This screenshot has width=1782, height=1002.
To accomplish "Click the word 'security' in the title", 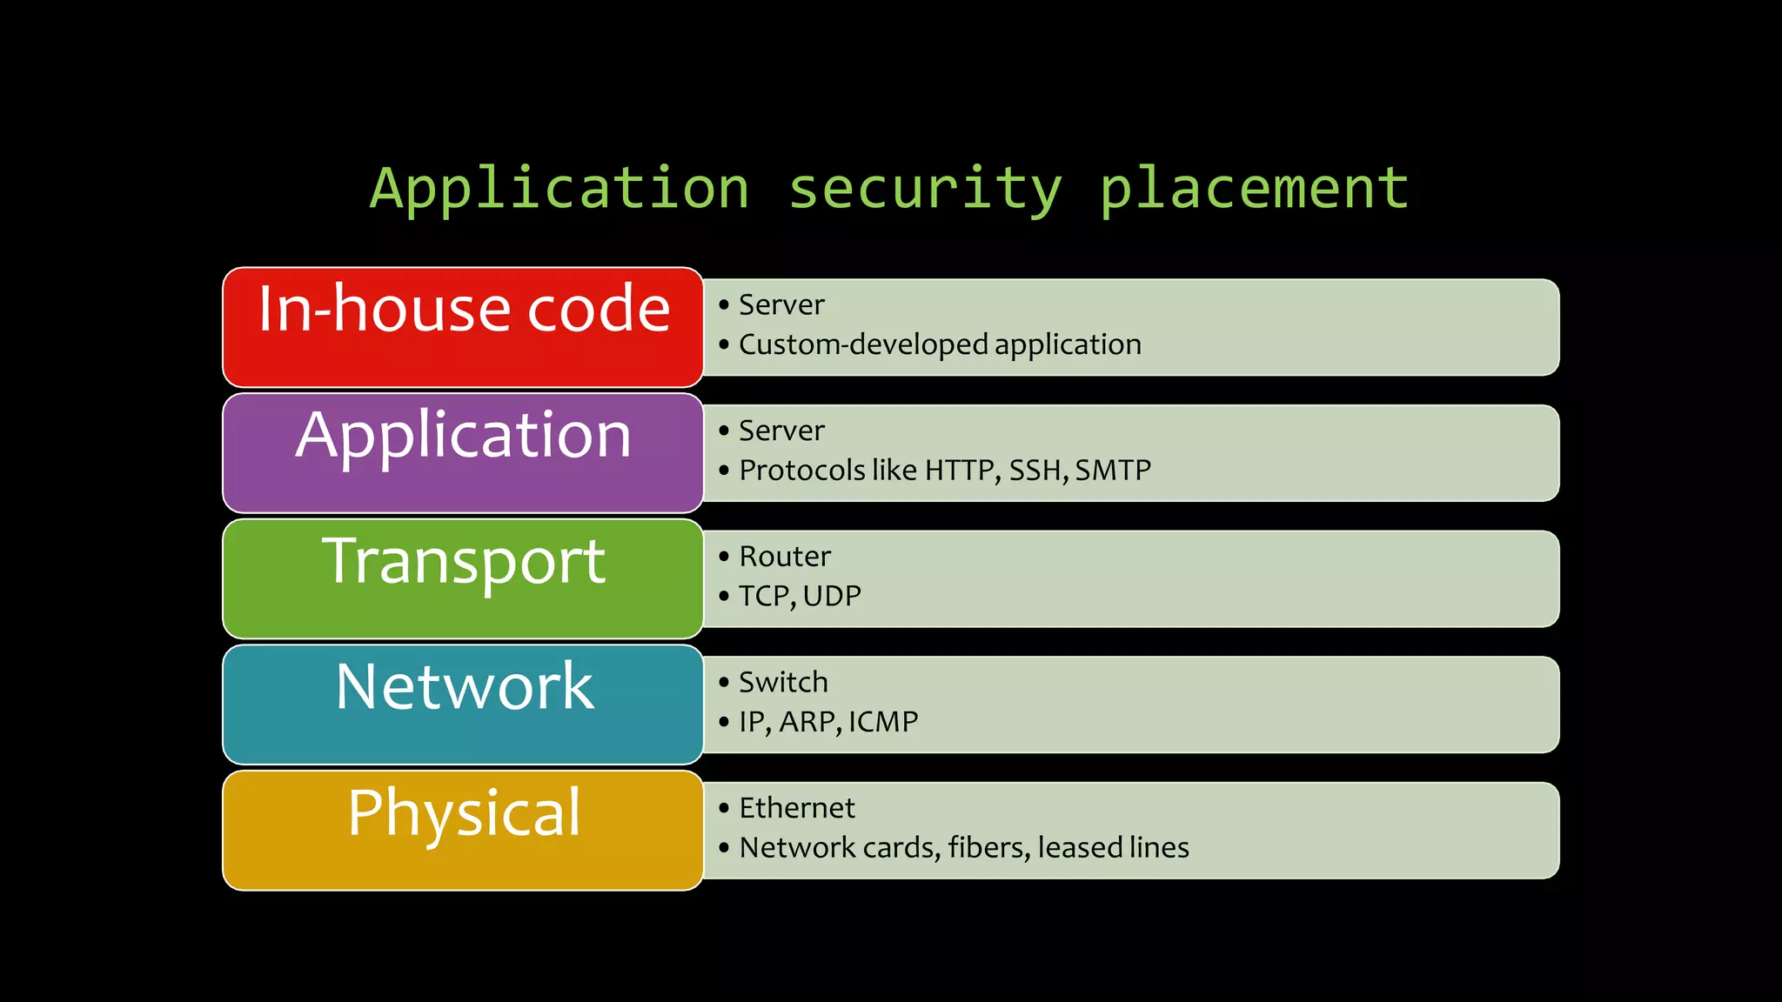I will pos(925,189).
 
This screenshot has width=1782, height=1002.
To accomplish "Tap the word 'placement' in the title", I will pos(1254,189).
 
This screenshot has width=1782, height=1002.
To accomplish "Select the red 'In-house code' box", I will pos(463,327).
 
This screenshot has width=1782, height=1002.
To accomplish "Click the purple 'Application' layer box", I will pos(463,453).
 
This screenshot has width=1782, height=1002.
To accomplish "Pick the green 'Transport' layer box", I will pos(463,578).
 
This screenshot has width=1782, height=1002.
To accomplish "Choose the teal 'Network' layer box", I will pos(463,705).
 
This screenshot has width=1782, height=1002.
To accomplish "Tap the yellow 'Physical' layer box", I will pos(463,831).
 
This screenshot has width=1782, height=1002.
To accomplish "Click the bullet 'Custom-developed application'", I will pos(940,344).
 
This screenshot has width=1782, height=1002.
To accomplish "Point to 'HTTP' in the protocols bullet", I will pos(960,471).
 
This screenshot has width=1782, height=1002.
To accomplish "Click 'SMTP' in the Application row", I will pos(1113,471).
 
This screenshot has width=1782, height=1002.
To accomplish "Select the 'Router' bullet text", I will pos(785,557).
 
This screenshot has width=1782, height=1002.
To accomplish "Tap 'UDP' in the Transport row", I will pos(832,597).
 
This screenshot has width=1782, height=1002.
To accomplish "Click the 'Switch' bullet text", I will pos(783,683).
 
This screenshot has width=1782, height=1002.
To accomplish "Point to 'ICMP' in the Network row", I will pos(883,722).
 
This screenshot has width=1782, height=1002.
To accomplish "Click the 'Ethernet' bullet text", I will pos(797,808).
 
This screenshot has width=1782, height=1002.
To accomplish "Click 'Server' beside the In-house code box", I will pos(781,305).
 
